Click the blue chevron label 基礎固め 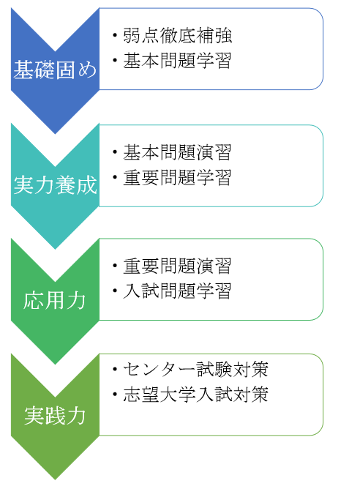tap(55, 70)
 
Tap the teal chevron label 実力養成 tap(55, 185)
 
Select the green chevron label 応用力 tap(55, 300)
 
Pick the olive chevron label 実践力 tap(55, 416)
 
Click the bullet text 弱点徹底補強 tap(177, 35)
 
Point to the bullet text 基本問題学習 tap(177, 60)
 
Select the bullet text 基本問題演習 tap(177, 152)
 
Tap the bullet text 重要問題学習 tap(177, 177)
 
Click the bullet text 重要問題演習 tap(177, 266)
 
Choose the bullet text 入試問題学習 tap(177, 291)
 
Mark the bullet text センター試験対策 tap(196, 369)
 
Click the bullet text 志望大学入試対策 tap(196, 394)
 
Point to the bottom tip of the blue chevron tap(55, 134)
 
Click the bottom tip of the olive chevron tap(55, 479)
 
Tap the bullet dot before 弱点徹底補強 tap(116, 35)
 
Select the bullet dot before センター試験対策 tap(116, 369)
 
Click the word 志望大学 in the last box tap(160, 394)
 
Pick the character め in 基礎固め tap(87, 70)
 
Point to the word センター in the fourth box tap(160, 369)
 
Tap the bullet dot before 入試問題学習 tap(116, 291)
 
